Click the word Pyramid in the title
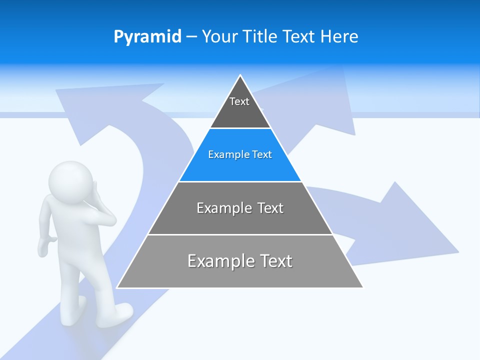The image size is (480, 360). click(147, 37)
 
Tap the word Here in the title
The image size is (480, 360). click(339, 36)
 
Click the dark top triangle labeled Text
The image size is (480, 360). click(240, 107)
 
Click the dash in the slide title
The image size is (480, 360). click(191, 36)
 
